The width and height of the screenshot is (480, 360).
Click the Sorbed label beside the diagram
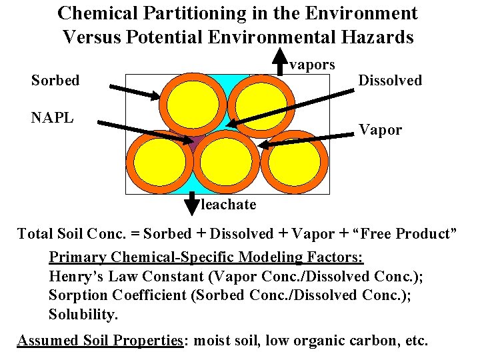pyautogui.click(x=55, y=81)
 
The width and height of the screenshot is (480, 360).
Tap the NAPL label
pyautogui.click(x=52, y=118)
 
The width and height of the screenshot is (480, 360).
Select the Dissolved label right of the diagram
pyautogui.click(x=390, y=81)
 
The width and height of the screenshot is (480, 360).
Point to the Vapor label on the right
pyautogui.click(x=380, y=130)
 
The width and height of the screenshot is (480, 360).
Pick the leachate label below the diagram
pyautogui.click(x=228, y=205)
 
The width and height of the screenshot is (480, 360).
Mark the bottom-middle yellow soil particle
pyautogui.click(x=225, y=163)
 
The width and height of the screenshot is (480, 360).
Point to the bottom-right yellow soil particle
pyautogui.click(x=295, y=163)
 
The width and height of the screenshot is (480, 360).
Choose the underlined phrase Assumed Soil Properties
pyautogui.click(x=100, y=341)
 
